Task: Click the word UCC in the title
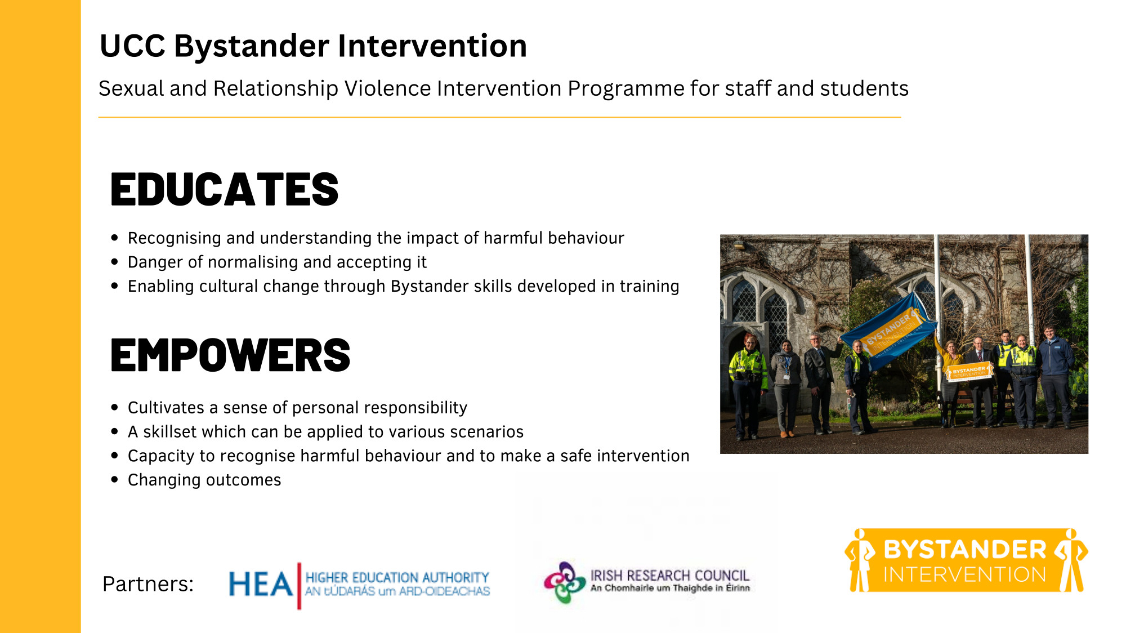132,46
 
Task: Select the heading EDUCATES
225,189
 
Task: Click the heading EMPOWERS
230,355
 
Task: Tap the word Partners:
148,584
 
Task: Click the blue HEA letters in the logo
261,584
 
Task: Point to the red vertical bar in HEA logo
299,586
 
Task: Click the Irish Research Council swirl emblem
565,582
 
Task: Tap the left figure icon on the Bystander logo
860,560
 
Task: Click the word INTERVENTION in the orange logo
964,574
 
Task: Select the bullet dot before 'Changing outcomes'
115,480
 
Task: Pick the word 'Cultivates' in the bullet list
166,407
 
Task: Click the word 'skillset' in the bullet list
170,431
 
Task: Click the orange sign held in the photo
969,372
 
